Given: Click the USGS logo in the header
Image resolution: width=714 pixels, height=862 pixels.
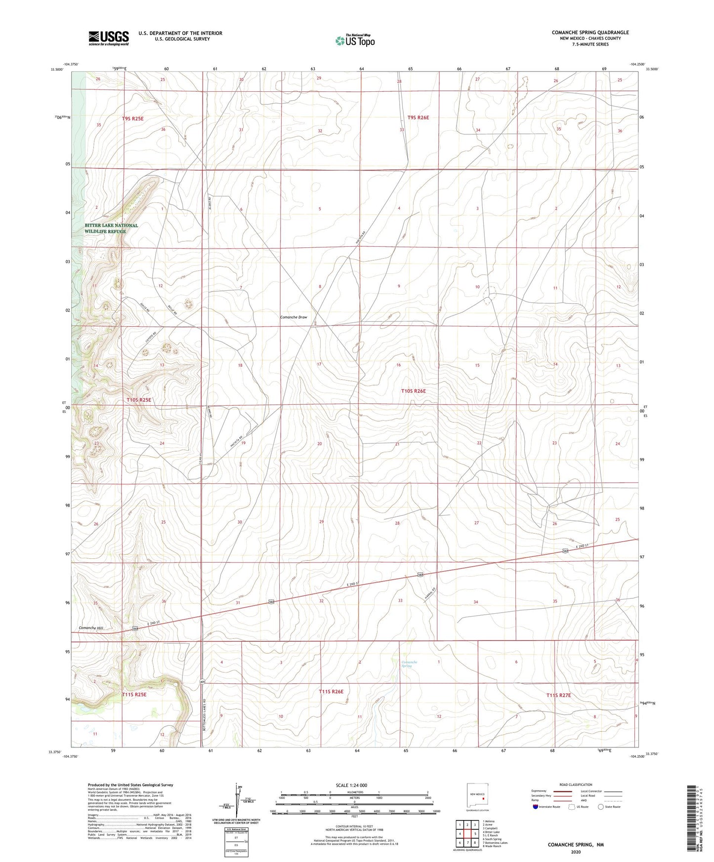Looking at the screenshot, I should coord(109,38).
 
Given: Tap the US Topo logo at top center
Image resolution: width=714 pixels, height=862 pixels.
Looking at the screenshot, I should coord(355,40).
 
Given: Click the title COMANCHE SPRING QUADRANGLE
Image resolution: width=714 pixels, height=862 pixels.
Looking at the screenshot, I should coord(590,33).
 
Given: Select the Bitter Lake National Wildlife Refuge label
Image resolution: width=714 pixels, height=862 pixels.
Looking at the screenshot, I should coord(111,228).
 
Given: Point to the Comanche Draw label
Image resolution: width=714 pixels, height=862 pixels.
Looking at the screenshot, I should coord(294,317).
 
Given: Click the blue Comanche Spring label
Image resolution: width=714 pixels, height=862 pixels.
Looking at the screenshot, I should coord(409,664).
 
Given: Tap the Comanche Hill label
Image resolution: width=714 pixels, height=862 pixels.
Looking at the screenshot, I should coord(91,628).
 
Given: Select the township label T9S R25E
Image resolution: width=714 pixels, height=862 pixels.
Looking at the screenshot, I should coord(132,118).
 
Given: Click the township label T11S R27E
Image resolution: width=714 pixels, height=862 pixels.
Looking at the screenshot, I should coord(558,695).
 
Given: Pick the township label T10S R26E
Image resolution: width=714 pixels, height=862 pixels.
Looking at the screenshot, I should coord(413,391).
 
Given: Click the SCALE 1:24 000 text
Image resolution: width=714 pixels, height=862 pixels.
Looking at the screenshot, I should coord(351,785).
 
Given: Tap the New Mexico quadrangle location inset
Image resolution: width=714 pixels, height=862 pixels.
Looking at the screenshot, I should coord(477,796).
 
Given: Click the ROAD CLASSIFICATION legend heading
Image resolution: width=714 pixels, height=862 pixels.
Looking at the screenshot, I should coord(576,784).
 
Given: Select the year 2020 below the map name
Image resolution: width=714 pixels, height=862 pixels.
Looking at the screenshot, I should coord(576,852).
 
